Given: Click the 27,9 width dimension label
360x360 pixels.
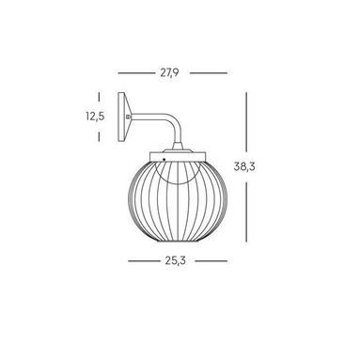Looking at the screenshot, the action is [169, 72].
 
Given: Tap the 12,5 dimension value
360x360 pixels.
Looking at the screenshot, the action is [95, 117].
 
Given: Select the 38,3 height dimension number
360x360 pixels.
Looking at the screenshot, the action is [244, 166].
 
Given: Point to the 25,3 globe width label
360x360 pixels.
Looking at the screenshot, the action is [176, 260].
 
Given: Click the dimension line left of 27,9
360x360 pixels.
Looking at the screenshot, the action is [136, 73].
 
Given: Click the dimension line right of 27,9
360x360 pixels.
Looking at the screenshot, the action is [209, 73].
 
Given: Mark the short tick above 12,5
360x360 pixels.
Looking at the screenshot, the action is [99, 96].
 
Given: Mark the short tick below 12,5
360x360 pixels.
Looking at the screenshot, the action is [99, 136].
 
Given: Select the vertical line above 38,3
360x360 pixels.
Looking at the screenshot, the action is [246, 121].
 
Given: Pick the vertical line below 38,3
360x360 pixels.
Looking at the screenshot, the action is [246, 212].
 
